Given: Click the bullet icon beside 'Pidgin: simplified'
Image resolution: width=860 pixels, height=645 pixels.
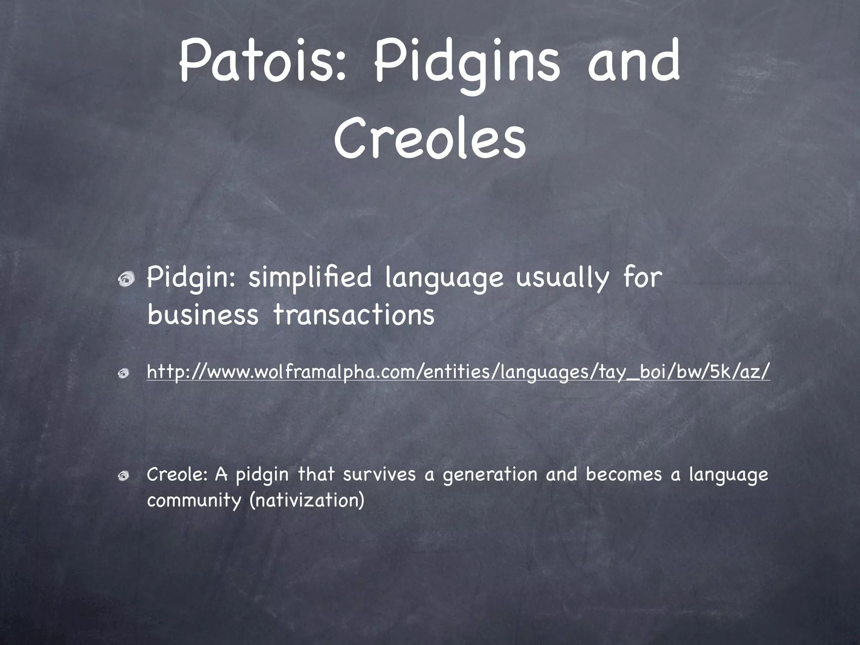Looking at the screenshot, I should pyautogui.click(x=126, y=279).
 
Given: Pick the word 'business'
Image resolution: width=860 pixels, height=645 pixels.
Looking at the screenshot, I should pyautogui.click(x=203, y=315).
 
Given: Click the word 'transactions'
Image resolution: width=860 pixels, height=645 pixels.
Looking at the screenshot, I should pyautogui.click(x=354, y=315).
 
